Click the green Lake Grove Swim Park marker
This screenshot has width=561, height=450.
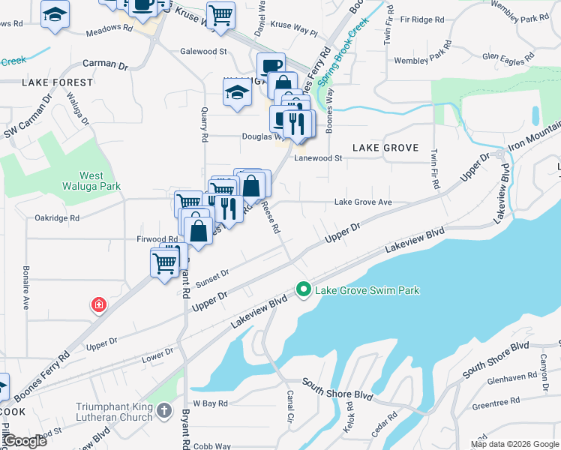[x=304, y=289]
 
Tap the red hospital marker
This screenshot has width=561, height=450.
[x=98, y=304]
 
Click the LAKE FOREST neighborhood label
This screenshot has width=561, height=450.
[x=57, y=82]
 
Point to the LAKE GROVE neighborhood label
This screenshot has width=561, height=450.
[x=385, y=148]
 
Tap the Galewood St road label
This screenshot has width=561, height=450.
[x=203, y=52]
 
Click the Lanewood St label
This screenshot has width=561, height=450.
[x=318, y=158]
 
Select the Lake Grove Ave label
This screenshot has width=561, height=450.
[x=363, y=202]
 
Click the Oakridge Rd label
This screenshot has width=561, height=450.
[x=57, y=218]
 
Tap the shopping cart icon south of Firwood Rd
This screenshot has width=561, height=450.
[x=164, y=262]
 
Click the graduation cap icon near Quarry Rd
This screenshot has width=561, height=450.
[x=238, y=93]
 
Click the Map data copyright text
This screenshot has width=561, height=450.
[x=514, y=444]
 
